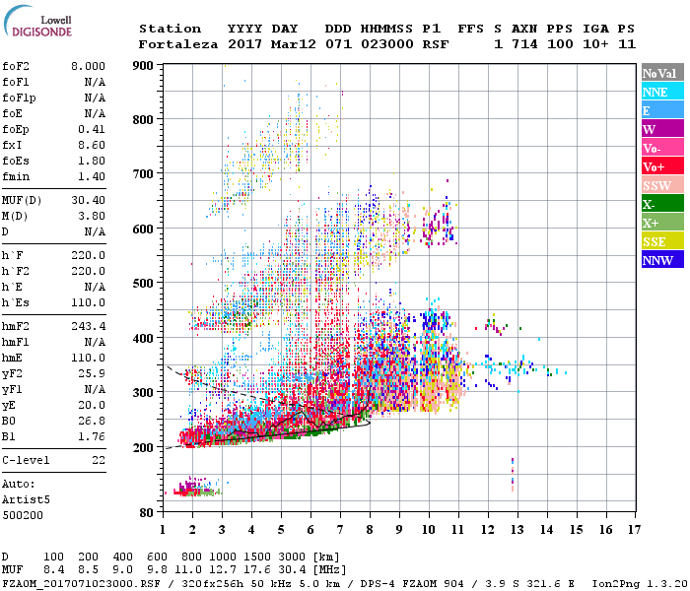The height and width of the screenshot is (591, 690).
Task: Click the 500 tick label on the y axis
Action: pyautogui.click(x=144, y=284)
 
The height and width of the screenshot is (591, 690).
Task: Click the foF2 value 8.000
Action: pyautogui.click(x=89, y=66)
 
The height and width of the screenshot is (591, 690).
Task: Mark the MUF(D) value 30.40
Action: pyautogui.click(x=89, y=200)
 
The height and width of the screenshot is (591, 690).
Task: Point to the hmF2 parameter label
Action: pyautogui.click(x=17, y=325)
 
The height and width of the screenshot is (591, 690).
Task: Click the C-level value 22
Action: pyautogui.click(x=99, y=459)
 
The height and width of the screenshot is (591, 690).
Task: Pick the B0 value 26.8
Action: pyautogui.click(x=94, y=422)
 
